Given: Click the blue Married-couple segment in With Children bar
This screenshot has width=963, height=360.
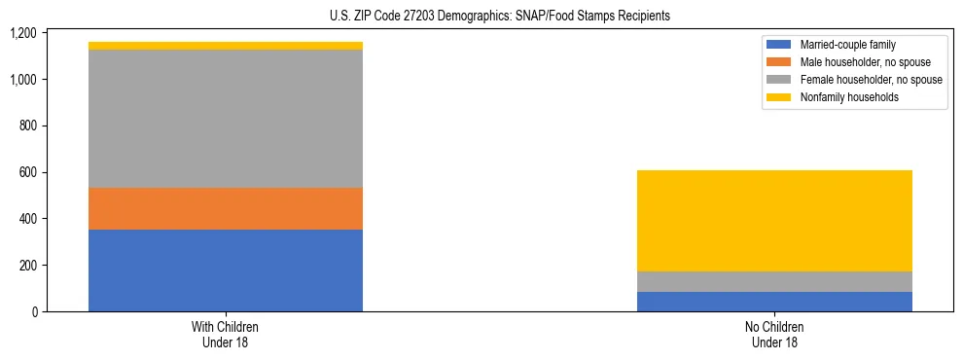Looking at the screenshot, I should [x=226, y=270].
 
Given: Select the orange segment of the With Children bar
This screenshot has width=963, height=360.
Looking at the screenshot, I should [x=226, y=208].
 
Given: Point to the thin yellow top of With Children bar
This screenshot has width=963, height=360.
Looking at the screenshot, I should [x=226, y=46].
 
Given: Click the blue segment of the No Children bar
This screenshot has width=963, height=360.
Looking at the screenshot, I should [x=774, y=302].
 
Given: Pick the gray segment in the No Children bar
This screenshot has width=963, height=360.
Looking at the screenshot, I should [x=774, y=281].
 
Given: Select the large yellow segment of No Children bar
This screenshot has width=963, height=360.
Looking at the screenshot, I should [x=774, y=221].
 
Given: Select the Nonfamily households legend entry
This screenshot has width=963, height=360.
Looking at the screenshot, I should [x=842, y=97].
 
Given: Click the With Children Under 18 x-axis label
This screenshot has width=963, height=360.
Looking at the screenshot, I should [x=226, y=335].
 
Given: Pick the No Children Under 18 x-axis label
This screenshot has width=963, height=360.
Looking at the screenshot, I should [x=774, y=335].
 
